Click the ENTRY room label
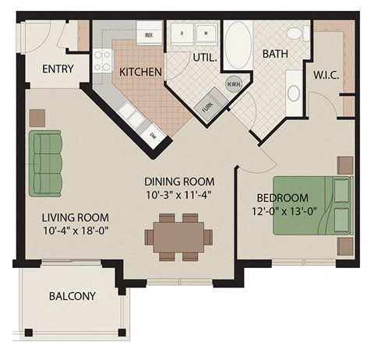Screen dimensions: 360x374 tap(58, 69)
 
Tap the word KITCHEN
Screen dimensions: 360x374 tap(140, 72)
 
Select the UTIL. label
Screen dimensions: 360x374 tap(205, 58)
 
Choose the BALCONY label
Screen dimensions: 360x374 tap(72, 296)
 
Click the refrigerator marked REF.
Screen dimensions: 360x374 tap(149, 34)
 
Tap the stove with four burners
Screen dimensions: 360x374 tap(103, 60)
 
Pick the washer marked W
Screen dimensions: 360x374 tap(207, 34)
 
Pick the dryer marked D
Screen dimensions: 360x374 tap(182, 34)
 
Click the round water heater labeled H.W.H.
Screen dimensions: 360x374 tap(233, 84)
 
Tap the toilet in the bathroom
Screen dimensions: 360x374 tap(295, 34)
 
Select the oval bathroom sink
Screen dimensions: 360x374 tap(294, 93)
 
